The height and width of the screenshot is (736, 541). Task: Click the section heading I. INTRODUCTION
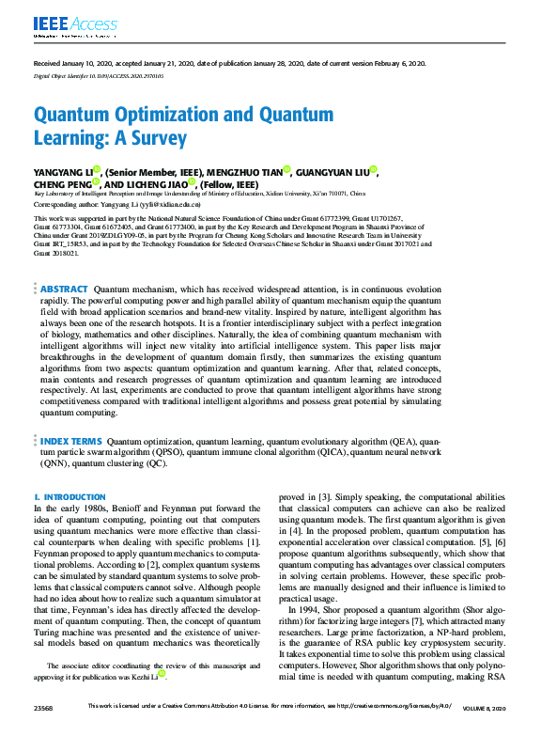[70, 496]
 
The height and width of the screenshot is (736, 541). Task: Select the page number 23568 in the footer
[43, 729]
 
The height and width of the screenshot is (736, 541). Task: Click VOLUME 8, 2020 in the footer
[486, 729]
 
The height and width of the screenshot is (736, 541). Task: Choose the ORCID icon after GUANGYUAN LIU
[373, 170]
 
